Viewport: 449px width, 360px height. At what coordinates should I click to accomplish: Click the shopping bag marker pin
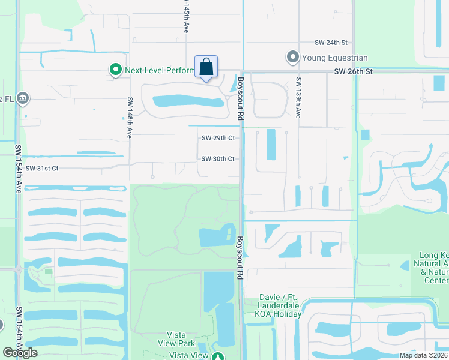point(206,67)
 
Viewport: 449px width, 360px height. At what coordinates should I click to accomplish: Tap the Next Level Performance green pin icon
point(115,70)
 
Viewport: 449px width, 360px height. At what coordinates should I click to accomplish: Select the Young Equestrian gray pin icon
point(293,58)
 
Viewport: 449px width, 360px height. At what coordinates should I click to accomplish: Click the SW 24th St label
point(331,43)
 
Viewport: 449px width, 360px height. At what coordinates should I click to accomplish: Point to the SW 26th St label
point(354,71)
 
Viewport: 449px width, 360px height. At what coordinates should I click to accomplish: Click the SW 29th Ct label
point(217,138)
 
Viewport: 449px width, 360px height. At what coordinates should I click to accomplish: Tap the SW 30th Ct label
point(217,159)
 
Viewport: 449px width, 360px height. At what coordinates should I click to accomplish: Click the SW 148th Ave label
point(129,118)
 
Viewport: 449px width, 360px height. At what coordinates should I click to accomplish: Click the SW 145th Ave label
point(186,16)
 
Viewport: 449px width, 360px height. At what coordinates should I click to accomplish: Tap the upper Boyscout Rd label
point(240,100)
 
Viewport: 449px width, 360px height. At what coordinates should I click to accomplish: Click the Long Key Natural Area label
point(430,268)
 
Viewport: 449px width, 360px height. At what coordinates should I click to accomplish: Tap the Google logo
point(20,353)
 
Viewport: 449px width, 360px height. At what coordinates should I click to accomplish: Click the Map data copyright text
point(423,355)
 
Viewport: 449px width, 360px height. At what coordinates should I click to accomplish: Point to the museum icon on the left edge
point(23,98)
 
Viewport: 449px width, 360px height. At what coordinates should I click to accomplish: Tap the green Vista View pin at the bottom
point(218,356)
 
